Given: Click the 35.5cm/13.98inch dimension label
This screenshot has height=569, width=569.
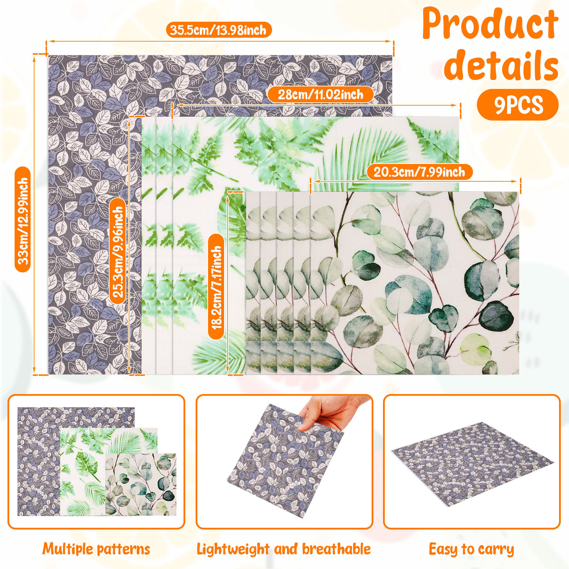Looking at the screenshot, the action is point(219,30).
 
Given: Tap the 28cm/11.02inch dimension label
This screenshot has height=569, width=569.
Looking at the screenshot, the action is point(320,95).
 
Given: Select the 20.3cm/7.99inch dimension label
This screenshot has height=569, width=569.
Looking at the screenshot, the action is point(420,172).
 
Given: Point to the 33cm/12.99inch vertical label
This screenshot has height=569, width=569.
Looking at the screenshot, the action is point(23,219).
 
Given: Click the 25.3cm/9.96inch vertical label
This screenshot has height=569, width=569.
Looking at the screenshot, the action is point(118,251).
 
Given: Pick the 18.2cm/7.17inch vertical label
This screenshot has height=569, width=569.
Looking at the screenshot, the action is point(216,287).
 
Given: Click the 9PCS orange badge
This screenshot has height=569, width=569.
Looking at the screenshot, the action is point(518,105).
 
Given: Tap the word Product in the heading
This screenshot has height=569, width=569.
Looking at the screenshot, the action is point(490,23).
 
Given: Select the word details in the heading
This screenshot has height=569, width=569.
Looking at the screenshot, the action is point(501,65).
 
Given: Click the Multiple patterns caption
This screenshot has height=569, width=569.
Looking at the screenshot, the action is point(96,549).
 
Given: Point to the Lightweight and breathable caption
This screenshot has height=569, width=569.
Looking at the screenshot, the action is point(284,549).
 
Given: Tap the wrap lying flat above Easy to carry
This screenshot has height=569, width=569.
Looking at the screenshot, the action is point(473,464).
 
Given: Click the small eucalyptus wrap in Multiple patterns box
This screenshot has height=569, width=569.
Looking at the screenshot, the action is point(141,484).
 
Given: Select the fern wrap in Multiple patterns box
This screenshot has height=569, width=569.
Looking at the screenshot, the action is point(108,472).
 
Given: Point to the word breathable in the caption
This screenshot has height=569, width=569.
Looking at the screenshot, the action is point(336,549).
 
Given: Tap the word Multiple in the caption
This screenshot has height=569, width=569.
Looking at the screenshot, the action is point(68,549).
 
